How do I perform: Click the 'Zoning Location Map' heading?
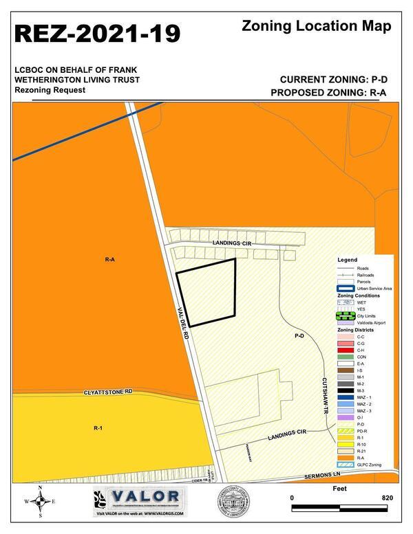317,27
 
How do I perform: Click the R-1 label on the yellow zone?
98,428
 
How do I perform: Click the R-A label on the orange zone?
109,260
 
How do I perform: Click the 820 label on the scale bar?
386,497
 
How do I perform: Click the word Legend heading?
348,260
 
